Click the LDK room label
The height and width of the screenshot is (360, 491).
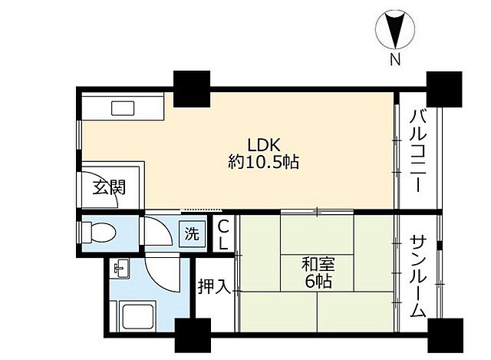(x=263, y=145)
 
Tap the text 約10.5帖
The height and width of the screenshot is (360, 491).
(x=263, y=162)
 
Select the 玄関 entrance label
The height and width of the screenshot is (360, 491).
(x=109, y=187)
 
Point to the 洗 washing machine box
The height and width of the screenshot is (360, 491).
(x=192, y=233)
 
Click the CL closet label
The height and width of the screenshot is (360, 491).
(x=223, y=234)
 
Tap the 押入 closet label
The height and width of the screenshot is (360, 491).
(x=215, y=286)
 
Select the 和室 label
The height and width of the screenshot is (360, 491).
(x=318, y=265)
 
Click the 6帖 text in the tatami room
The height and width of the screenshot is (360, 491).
(x=318, y=282)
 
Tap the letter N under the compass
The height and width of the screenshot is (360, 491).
(x=395, y=59)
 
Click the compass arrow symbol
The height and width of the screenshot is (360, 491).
(x=395, y=30)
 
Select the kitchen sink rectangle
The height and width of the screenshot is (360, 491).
(x=123, y=108)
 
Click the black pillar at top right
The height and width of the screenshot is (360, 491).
(x=444, y=89)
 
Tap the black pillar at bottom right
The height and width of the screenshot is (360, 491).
(x=445, y=335)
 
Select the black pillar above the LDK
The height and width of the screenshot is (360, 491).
(x=192, y=89)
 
